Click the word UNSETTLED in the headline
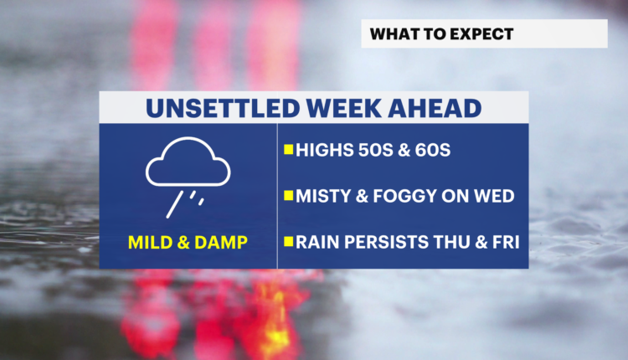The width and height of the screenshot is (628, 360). click(223, 108)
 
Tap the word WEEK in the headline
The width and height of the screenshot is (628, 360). click(343, 108)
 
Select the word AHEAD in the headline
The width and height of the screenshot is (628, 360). click(435, 108)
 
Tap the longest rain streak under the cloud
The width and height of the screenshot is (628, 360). click(175, 204)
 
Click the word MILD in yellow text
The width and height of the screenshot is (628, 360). click(150, 242)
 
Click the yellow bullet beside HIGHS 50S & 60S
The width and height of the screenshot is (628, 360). click(288, 149)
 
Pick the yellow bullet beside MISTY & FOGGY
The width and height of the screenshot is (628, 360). click(288, 195)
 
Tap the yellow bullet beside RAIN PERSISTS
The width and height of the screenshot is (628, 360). click(288, 241)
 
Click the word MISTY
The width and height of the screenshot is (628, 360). click(322, 196)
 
